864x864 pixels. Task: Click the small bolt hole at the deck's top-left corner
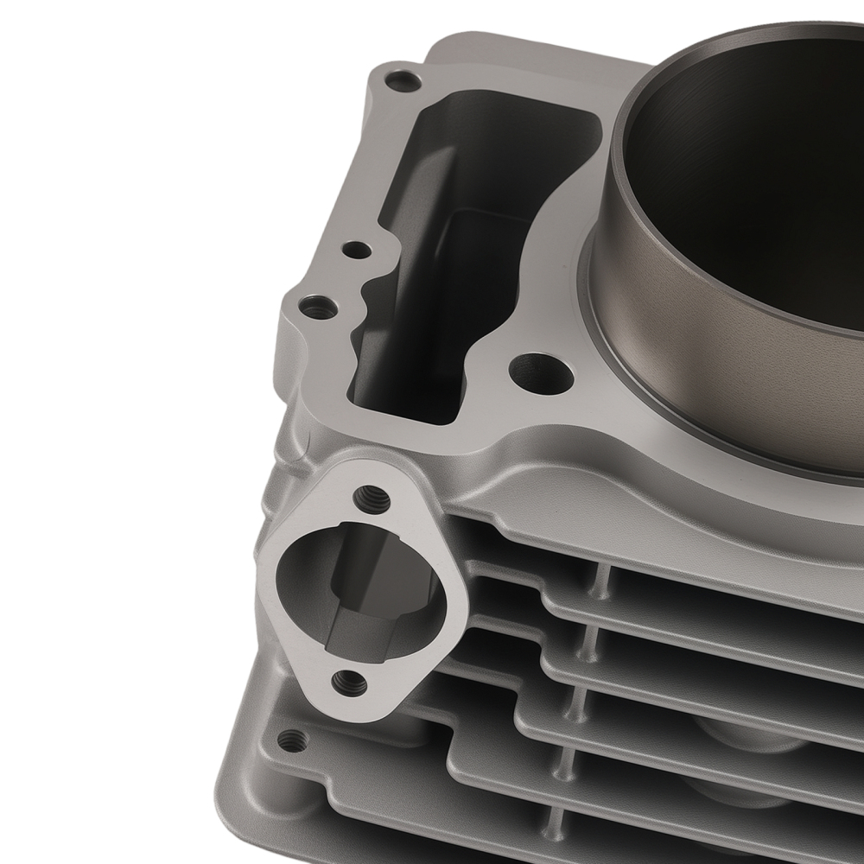point(403,81)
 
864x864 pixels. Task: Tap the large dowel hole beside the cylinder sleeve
point(541,374)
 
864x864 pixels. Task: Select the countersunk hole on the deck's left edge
point(318,307)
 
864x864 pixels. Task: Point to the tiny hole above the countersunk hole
point(356,251)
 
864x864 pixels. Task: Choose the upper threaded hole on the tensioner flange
point(372,498)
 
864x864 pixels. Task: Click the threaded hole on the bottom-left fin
point(293,740)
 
